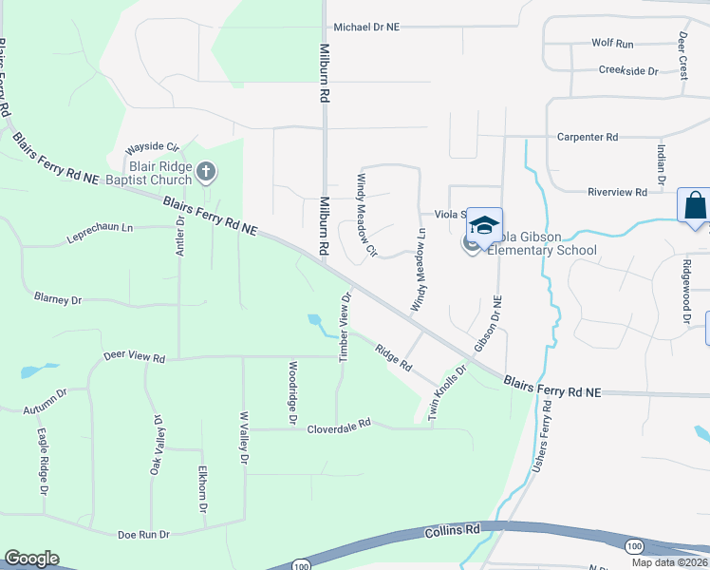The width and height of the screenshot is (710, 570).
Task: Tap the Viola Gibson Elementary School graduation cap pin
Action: tap(484, 226)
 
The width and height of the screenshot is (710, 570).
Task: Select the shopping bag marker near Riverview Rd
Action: tap(695, 205)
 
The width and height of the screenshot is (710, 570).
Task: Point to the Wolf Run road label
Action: tap(612, 44)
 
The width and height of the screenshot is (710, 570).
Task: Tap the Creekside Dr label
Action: tap(627, 70)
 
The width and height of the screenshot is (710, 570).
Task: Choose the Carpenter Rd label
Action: tap(588, 137)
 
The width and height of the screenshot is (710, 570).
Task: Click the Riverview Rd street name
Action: tap(617, 192)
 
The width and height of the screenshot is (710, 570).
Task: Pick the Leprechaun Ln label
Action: tap(100, 228)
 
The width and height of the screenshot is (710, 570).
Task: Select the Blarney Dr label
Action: tap(58, 299)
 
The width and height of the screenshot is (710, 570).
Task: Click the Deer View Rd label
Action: tap(134, 358)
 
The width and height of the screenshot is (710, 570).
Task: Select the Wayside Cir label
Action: tap(152, 148)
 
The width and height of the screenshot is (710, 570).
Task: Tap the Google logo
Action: tap(31, 559)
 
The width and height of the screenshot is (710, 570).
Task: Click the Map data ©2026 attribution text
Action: tap(668, 562)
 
